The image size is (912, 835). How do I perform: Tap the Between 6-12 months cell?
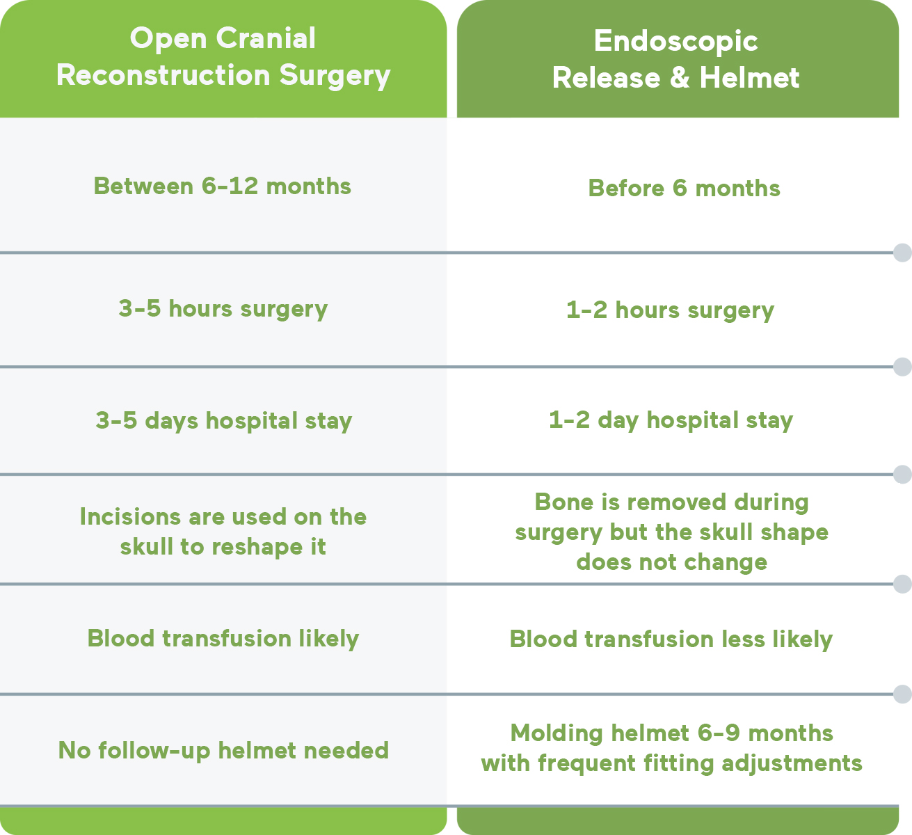[x=223, y=186]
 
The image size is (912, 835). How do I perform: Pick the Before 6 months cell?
[x=685, y=188]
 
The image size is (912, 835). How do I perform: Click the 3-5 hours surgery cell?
[x=223, y=309]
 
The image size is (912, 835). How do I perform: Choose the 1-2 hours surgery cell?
[x=670, y=310]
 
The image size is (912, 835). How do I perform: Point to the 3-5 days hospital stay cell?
[x=224, y=421]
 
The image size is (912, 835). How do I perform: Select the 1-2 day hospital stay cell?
[x=671, y=420]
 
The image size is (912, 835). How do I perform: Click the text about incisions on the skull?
[x=223, y=531]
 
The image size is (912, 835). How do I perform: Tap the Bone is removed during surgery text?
[x=672, y=532]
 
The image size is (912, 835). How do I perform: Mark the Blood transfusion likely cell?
[x=223, y=639]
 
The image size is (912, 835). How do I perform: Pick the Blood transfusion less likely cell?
[x=671, y=639]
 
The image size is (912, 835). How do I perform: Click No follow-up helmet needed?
[x=224, y=750]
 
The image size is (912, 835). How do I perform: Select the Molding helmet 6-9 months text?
[x=672, y=748]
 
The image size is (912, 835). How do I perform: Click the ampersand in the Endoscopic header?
[x=680, y=77]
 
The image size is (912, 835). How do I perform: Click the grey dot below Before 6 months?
[x=902, y=253]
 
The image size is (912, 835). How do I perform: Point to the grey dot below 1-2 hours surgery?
[x=902, y=367]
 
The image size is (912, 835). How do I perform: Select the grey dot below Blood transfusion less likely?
[x=902, y=694]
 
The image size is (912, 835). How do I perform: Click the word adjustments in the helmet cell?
[x=792, y=763]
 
